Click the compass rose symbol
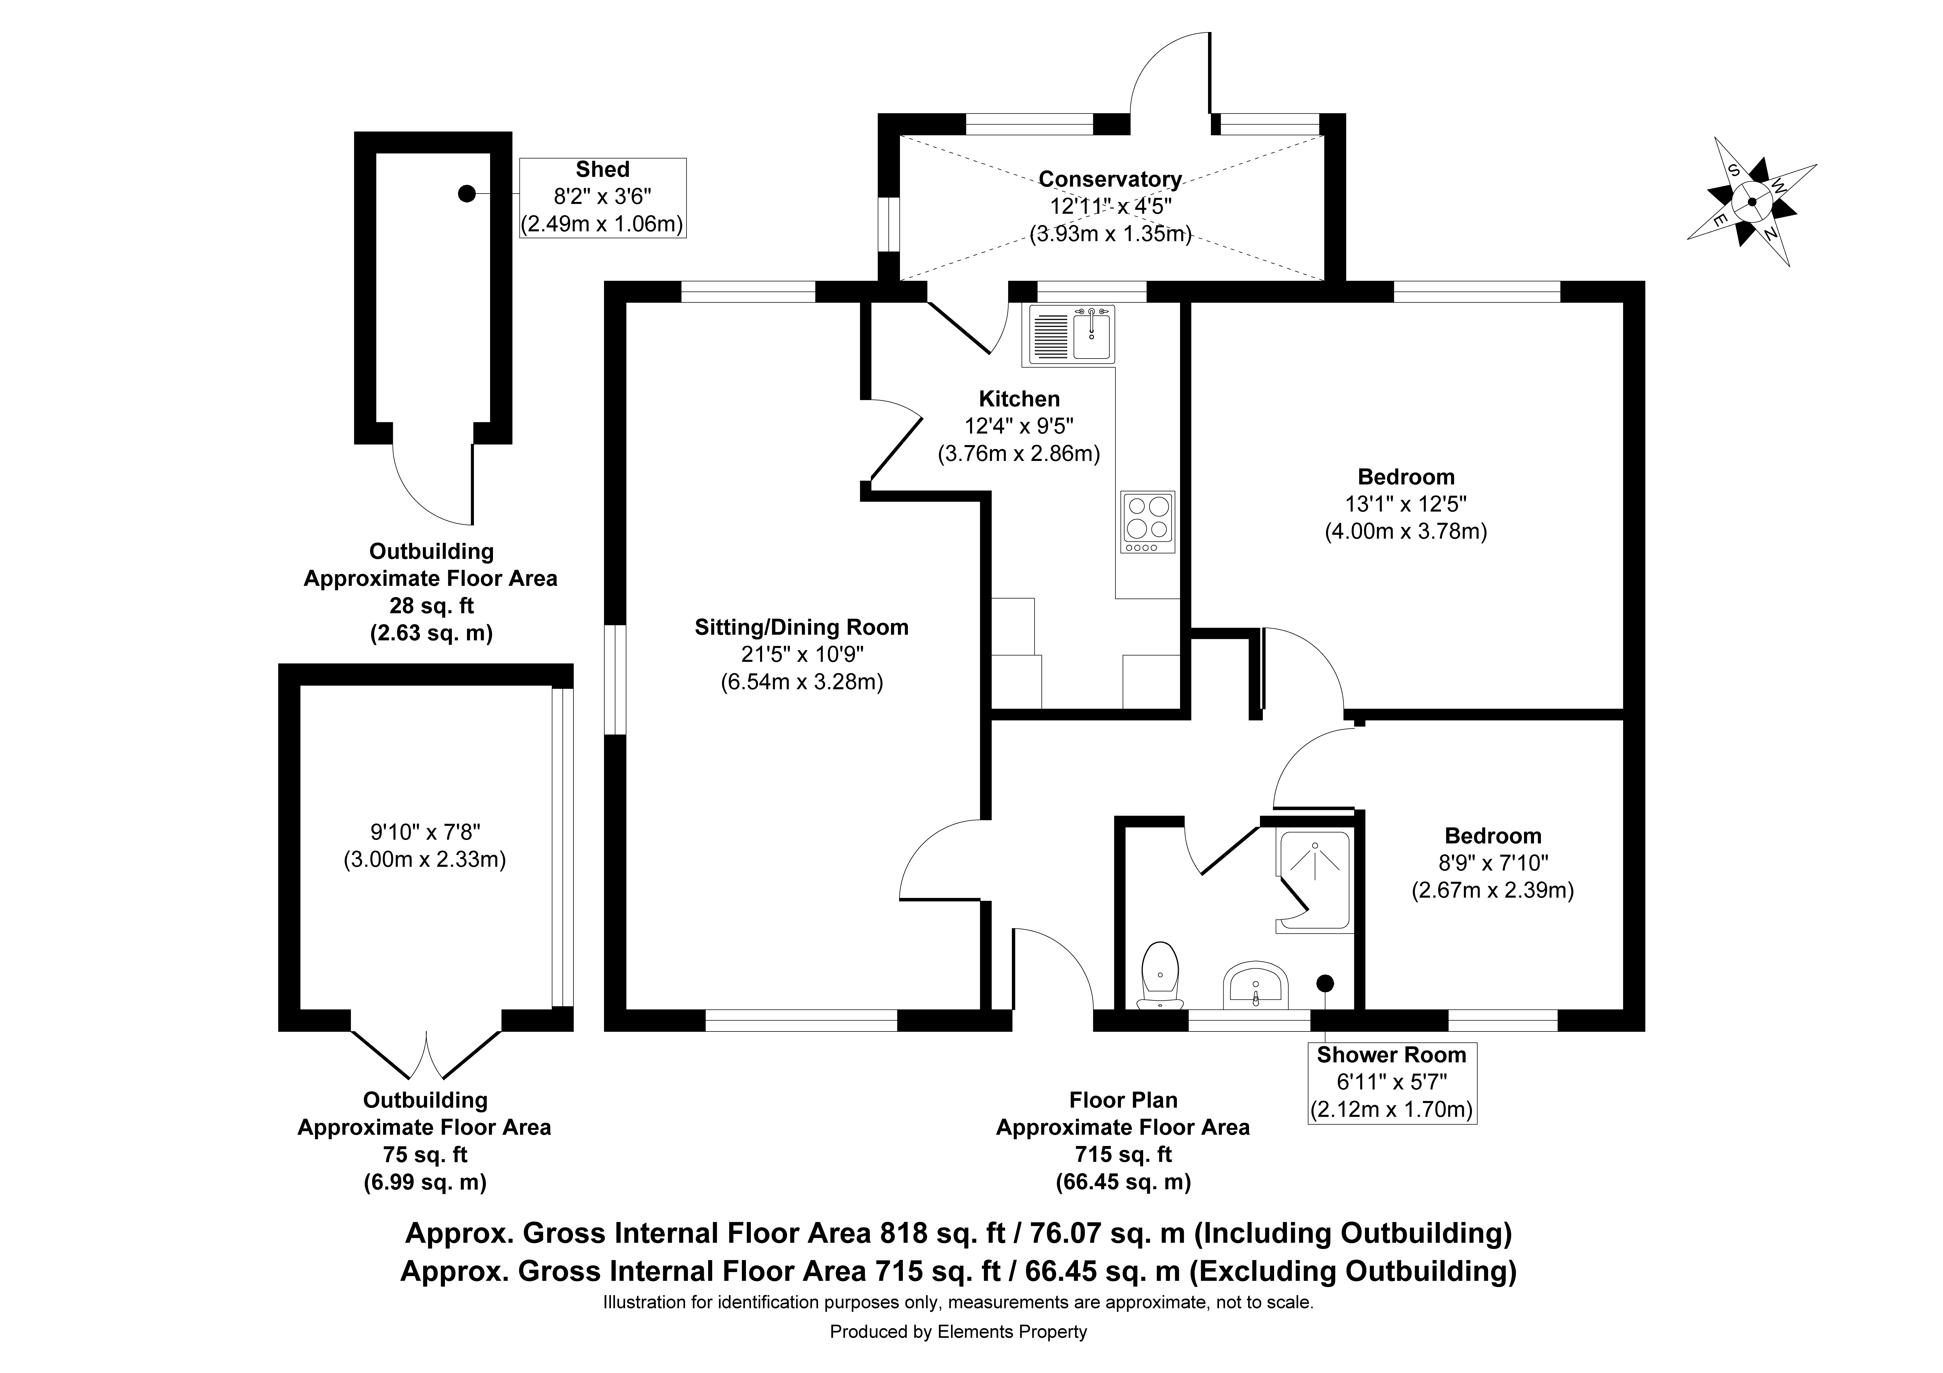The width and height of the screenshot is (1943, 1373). pos(1752,201)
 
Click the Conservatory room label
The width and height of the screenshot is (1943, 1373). pos(1109,179)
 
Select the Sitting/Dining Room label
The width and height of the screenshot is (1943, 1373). pos(801,627)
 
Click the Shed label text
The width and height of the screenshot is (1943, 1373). pos(603,169)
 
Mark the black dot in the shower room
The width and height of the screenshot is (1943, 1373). pos(1325,983)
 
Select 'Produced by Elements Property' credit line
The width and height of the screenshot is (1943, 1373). pos(958,1331)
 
